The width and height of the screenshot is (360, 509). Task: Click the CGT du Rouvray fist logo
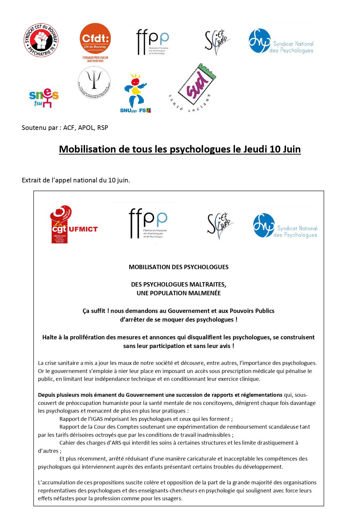click(x=41, y=40)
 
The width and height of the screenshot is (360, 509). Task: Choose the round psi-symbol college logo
click(x=94, y=82)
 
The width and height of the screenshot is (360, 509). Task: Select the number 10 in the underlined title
click(x=275, y=149)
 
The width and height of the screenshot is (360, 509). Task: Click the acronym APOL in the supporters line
click(x=86, y=128)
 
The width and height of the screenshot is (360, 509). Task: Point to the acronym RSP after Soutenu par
click(x=103, y=128)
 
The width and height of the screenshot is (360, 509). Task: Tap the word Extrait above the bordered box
click(x=31, y=180)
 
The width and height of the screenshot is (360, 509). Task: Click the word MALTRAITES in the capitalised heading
click(x=207, y=284)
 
